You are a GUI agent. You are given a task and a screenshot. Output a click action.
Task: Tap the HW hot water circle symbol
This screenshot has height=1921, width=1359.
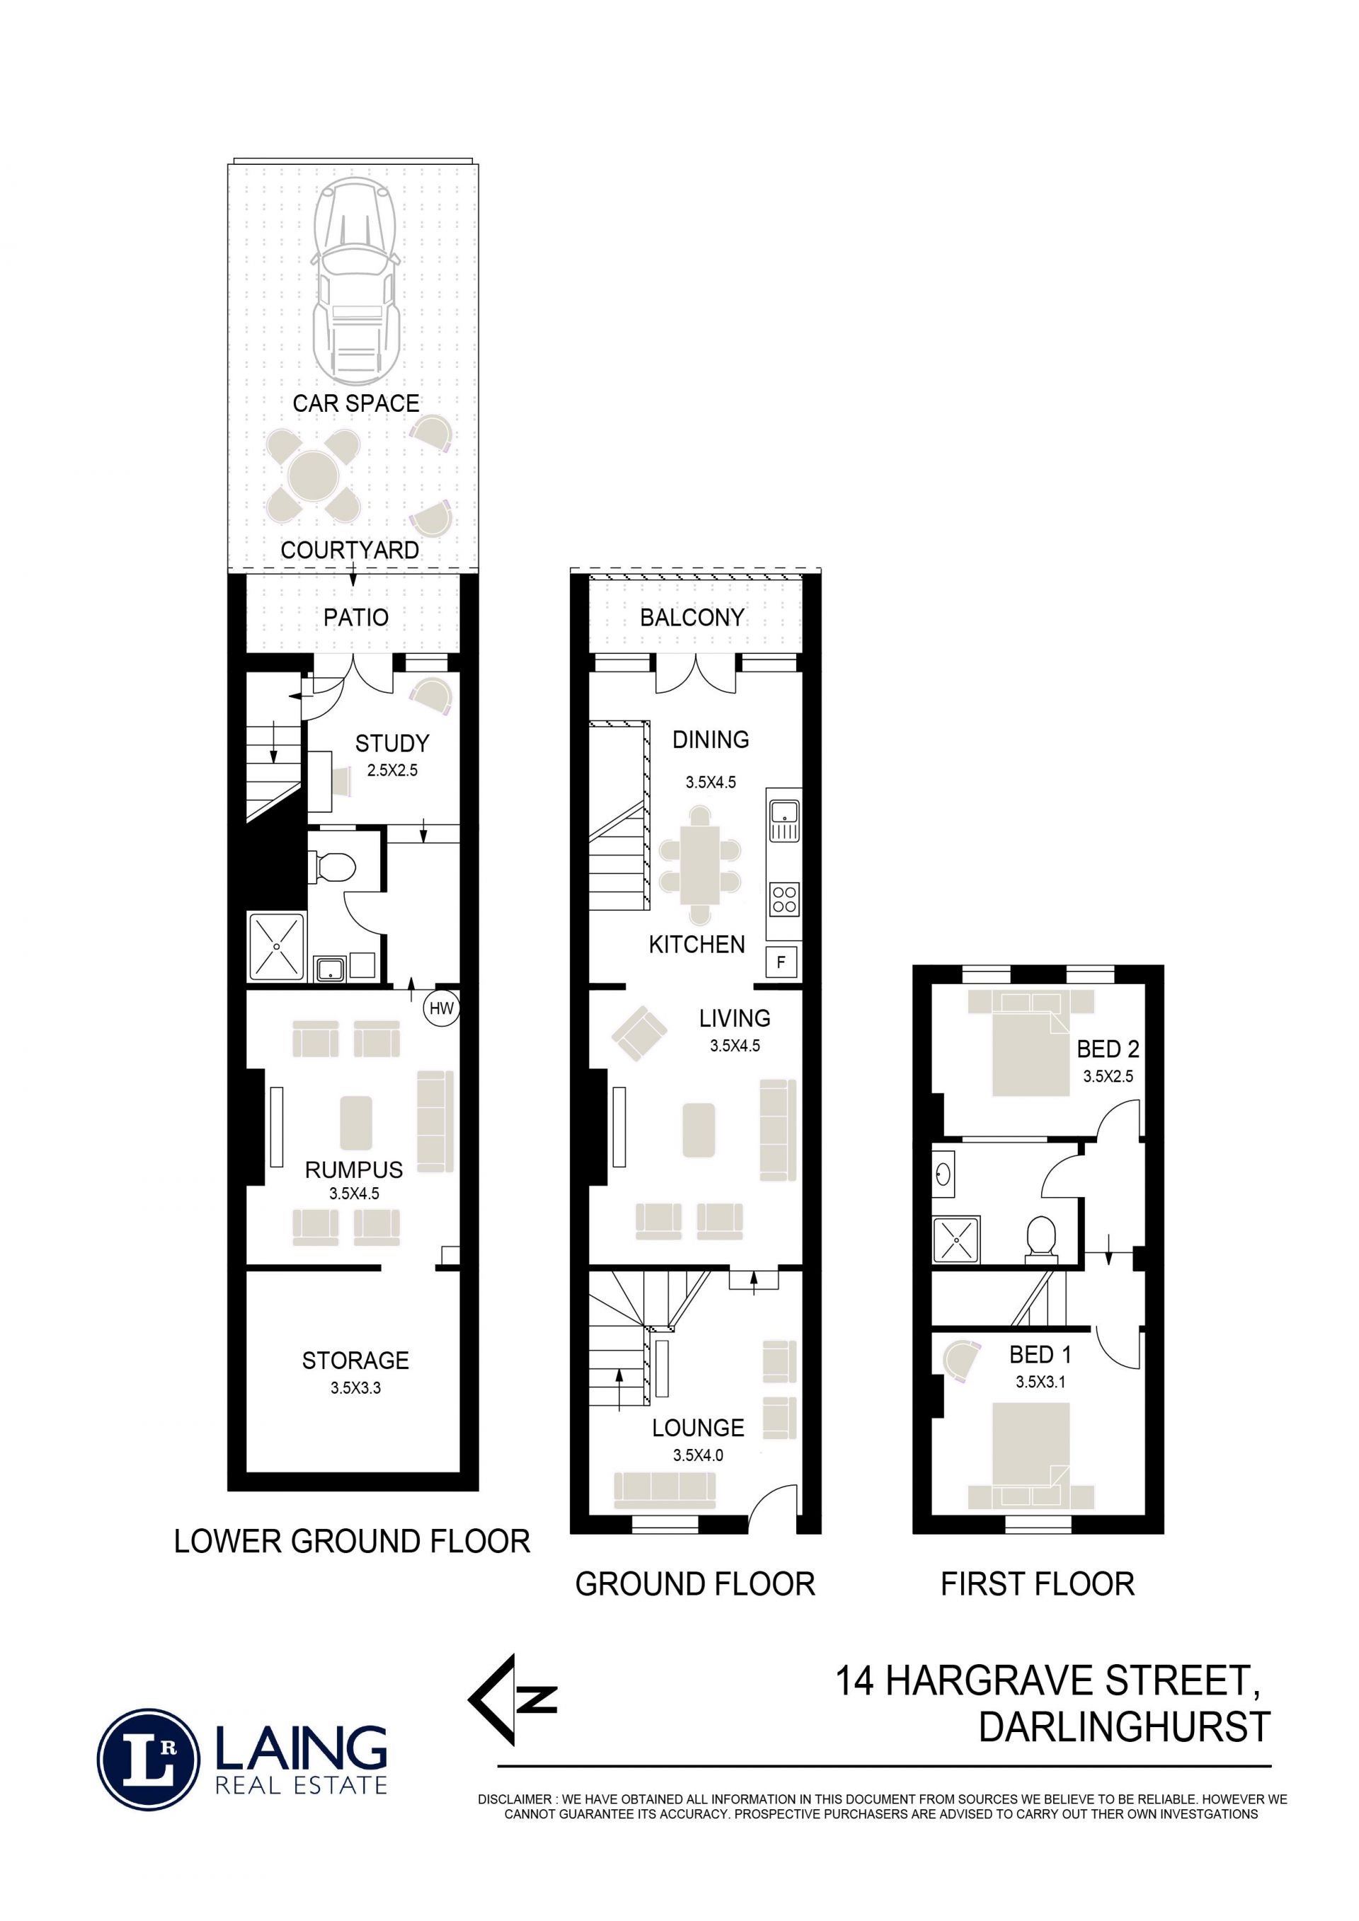pos(441,1008)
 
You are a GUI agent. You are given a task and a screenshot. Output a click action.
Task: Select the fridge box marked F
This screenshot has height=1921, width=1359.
pos(781,962)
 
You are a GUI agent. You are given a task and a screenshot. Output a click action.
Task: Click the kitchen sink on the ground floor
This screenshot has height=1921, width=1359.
pos(784,820)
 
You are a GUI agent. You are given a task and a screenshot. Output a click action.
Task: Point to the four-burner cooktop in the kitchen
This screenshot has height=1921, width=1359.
pos(784,899)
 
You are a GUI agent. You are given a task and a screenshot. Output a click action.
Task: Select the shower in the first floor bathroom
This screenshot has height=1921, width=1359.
pos(956,1239)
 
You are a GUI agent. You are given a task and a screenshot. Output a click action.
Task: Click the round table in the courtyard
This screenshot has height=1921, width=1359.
pos(313,476)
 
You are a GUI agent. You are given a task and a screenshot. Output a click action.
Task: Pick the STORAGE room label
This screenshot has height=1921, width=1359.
pos(355,1361)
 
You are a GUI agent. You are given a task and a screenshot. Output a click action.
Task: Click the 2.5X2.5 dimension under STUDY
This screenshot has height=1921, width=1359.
pos(391,770)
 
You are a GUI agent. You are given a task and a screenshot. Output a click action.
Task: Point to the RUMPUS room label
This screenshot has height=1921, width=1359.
pos(353,1170)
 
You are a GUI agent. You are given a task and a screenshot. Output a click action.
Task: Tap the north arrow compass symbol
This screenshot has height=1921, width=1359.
pos(510,1701)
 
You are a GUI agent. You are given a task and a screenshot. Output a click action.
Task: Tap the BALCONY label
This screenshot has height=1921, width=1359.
pos(692,618)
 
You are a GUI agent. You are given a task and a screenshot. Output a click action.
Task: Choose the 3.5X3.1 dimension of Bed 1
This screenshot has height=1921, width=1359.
pos(1040,1381)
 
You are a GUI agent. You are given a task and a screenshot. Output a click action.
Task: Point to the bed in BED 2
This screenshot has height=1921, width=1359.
pos(1031,1044)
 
